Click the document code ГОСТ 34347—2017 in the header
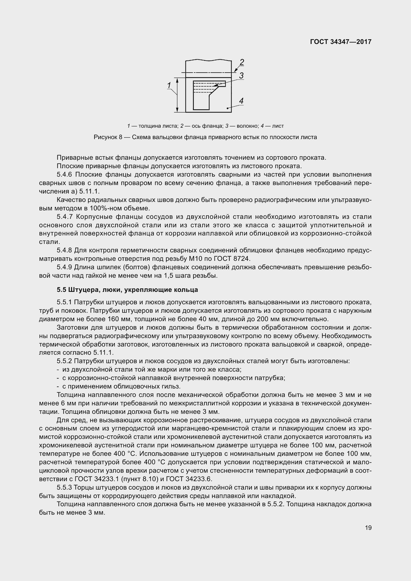(x=341, y=42)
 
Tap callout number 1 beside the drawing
(x=169, y=85)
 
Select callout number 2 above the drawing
(x=242, y=62)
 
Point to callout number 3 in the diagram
(x=241, y=76)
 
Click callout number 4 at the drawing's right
(x=241, y=101)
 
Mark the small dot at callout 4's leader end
(x=228, y=108)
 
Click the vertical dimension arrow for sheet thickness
(x=177, y=95)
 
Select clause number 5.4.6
(x=65, y=175)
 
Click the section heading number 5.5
(x=61, y=290)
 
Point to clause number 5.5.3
(x=65, y=487)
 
